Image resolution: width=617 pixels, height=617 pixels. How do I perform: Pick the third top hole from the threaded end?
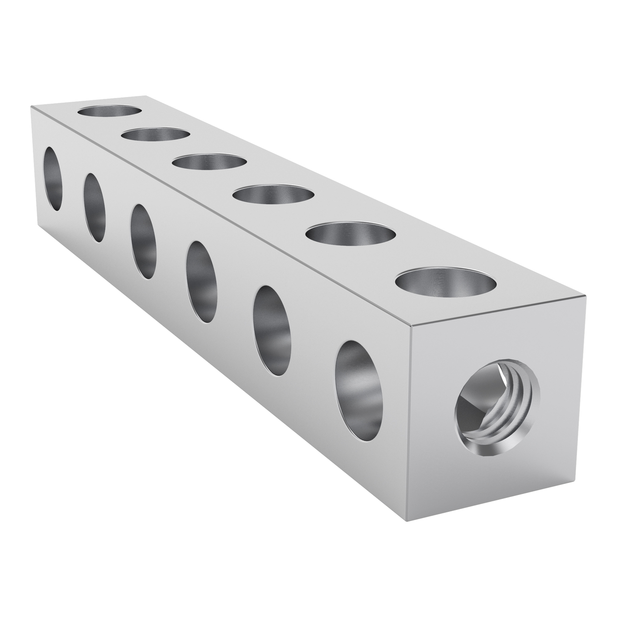273,195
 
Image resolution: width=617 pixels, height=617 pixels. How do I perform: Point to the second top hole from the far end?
154,134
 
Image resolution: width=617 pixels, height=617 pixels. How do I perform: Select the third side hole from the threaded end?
201,281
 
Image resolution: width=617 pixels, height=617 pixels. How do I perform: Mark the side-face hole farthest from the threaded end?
53,179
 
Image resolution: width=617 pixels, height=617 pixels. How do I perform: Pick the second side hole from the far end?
94,207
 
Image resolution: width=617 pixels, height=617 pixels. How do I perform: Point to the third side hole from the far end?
143,241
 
